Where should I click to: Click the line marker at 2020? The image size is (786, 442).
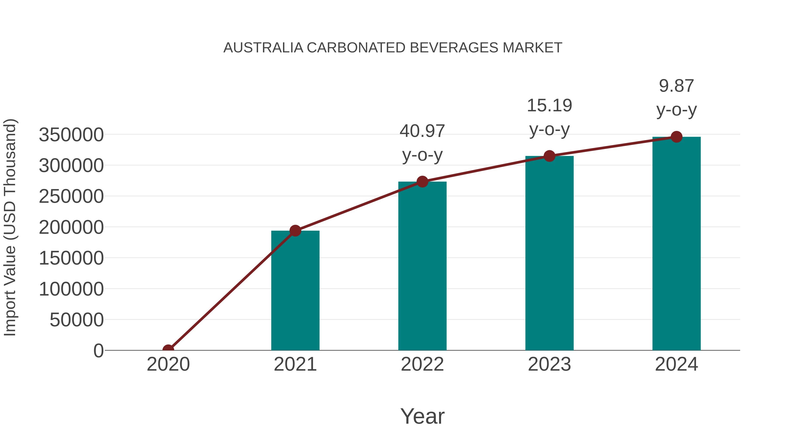[168, 350]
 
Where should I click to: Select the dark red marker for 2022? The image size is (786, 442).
[422, 182]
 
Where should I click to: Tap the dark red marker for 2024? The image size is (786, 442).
[676, 137]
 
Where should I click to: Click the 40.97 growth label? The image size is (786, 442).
[422, 131]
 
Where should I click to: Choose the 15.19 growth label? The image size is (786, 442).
[549, 106]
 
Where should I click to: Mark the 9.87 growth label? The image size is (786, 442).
[676, 86]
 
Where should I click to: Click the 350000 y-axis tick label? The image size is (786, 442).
[71, 135]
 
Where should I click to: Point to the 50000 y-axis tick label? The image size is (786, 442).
[77, 320]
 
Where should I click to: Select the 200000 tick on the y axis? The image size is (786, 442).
[71, 228]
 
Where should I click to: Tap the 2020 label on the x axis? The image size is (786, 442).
[168, 364]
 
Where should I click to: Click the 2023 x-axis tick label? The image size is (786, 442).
[549, 364]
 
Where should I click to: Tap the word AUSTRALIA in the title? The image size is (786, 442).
[263, 48]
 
